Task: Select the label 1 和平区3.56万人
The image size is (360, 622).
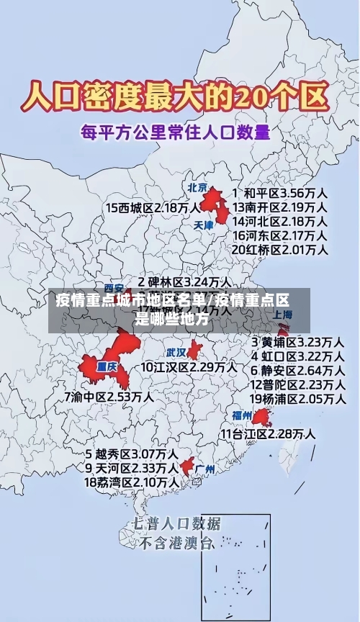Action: [282, 194]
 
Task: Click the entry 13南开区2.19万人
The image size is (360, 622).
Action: [282, 207]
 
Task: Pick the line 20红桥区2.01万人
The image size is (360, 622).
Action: [282, 249]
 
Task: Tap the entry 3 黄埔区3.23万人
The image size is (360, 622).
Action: [297, 341]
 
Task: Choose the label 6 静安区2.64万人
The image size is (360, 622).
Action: [297, 370]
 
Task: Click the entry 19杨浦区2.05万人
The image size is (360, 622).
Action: [297, 399]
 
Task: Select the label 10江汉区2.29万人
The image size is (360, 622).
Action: [189, 367]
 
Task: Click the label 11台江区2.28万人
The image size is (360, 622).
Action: [267, 433]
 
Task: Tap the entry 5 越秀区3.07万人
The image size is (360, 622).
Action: [132, 454]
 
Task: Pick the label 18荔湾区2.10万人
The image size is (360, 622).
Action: [132, 482]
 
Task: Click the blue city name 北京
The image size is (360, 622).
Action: [198, 188]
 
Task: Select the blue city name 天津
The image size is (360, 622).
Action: [204, 225]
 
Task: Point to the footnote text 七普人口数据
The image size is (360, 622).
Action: [176, 523]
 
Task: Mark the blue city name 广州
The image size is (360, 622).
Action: [205, 469]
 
